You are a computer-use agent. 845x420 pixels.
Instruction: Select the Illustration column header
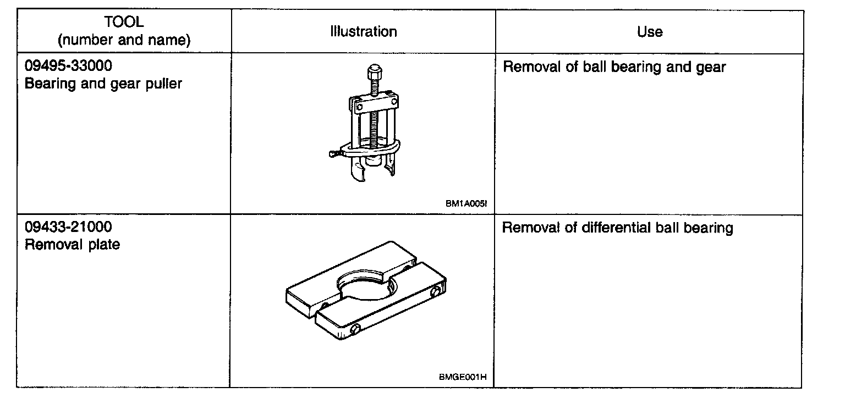coord(363,32)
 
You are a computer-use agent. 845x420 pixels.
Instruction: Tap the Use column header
coord(649,32)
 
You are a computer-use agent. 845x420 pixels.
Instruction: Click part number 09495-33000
coord(68,67)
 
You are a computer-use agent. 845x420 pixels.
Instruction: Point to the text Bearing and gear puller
coord(103,84)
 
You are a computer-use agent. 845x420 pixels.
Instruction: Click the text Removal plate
coord(72,245)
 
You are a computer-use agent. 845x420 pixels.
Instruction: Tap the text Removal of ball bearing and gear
coord(614,68)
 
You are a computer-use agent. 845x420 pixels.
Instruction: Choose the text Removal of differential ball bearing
coord(617,228)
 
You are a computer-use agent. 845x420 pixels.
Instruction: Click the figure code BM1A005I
coord(467,203)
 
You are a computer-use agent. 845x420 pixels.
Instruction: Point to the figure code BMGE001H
coord(463,377)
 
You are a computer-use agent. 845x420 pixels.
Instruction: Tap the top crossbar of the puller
coord(374,103)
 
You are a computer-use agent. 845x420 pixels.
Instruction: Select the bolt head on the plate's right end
coord(437,291)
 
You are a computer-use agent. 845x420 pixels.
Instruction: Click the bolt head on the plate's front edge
coord(354,330)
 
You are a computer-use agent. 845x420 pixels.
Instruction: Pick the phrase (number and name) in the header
coord(124,40)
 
